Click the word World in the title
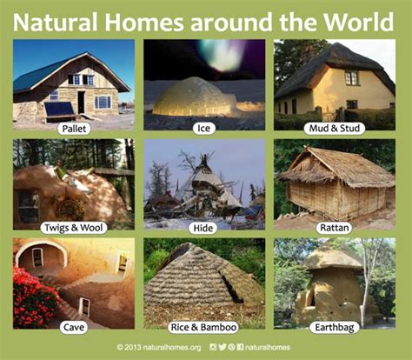click(358, 22)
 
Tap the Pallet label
click(74, 129)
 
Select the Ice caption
click(203, 129)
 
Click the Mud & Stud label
click(335, 129)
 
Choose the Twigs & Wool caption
click(74, 228)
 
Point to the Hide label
click(203, 228)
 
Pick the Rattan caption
click(334, 228)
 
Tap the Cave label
click(74, 328)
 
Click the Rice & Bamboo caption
click(203, 328)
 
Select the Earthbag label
click(335, 328)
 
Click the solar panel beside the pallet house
click(59, 110)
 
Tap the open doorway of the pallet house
click(81, 103)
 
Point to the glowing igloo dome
click(194, 97)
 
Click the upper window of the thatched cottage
click(351, 78)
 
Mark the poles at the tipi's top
click(204, 158)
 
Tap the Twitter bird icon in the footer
click(223, 347)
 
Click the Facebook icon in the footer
click(240, 347)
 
